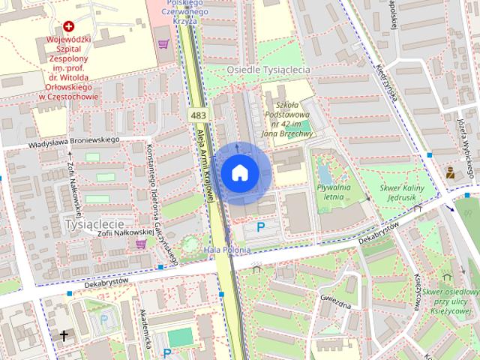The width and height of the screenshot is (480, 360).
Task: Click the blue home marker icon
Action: tap(239, 173)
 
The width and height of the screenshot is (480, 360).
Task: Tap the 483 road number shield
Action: tap(198, 115)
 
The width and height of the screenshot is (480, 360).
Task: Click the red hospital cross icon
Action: tap(69, 26)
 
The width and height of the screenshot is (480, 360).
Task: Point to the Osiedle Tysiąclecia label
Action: tap(268, 69)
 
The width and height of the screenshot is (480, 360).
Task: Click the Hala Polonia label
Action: tap(226, 249)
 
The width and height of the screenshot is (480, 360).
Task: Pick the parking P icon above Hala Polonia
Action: tap(261, 226)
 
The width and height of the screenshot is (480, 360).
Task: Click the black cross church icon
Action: tap(64, 335)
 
